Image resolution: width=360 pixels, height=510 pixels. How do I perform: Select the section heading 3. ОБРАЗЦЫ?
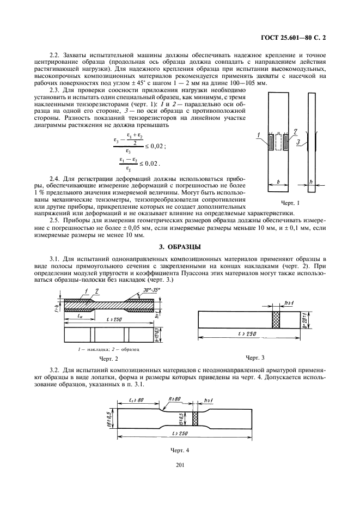[180, 247]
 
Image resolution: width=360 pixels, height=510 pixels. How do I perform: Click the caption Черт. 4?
[180, 451]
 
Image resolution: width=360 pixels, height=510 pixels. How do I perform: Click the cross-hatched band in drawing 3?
[275, 319]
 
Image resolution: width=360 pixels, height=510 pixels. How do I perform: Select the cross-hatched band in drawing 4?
[194, 419]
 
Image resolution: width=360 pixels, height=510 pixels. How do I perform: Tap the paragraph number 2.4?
[55, 179]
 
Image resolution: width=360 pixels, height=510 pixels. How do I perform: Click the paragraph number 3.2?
[55, 371]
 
